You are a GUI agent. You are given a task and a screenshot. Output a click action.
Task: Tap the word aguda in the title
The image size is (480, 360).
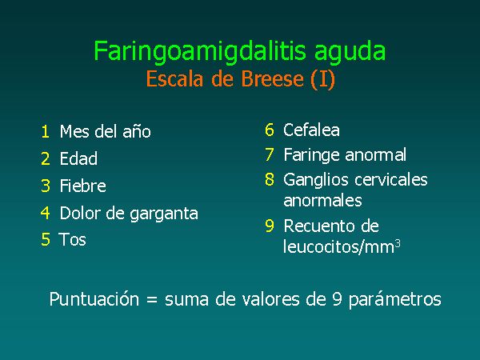pyautogui.click(x=350, y=52)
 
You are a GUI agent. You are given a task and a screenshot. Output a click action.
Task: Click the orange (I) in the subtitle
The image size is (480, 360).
pyautogui.click(x=322, y=79)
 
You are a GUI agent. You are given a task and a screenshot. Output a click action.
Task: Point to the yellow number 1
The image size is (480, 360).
pyautogui.click(x=46, y=132)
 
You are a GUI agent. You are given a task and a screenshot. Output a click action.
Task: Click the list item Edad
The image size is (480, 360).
pyautogui.click(x=78, y=158)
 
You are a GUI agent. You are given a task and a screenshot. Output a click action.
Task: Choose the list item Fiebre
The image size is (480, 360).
pyautogui.click(x=83, y=186)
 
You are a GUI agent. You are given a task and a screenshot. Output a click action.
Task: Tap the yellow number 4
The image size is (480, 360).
pyautogui.click(x=46, y=213)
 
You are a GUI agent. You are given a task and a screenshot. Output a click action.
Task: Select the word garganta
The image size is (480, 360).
pyautogui.click(x=164, y=214)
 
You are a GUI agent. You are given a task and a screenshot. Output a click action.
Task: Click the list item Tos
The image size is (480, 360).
pyautogui.click(x=72, y=239)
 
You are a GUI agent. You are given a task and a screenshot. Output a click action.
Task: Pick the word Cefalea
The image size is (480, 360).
pyautogui.click(x=311, y=130)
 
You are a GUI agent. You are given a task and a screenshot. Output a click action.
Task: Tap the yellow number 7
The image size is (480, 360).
pyautogui.click(x=270, y=154)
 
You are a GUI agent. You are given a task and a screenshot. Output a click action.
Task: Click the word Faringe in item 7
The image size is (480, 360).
pyautogui.click(x=312, y=155)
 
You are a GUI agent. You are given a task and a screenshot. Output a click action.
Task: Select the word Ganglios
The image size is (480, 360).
pyautogui.click(x=317, y=180)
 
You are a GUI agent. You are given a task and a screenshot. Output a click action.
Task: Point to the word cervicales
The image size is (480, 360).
pyautogui.click(x=391, y=179)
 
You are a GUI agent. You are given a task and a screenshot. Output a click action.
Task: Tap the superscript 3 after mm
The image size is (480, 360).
pyautogui.click(x=398, y=244)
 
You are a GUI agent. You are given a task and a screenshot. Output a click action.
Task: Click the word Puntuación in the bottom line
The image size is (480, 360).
pyautogui.click(x=94, y=299)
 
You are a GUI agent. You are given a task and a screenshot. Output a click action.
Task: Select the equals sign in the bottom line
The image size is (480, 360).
pyautogui.click(x=152, y=300)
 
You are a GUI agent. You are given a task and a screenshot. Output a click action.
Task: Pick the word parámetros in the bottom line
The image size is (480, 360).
pyautogui.click(x=395, y=299)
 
